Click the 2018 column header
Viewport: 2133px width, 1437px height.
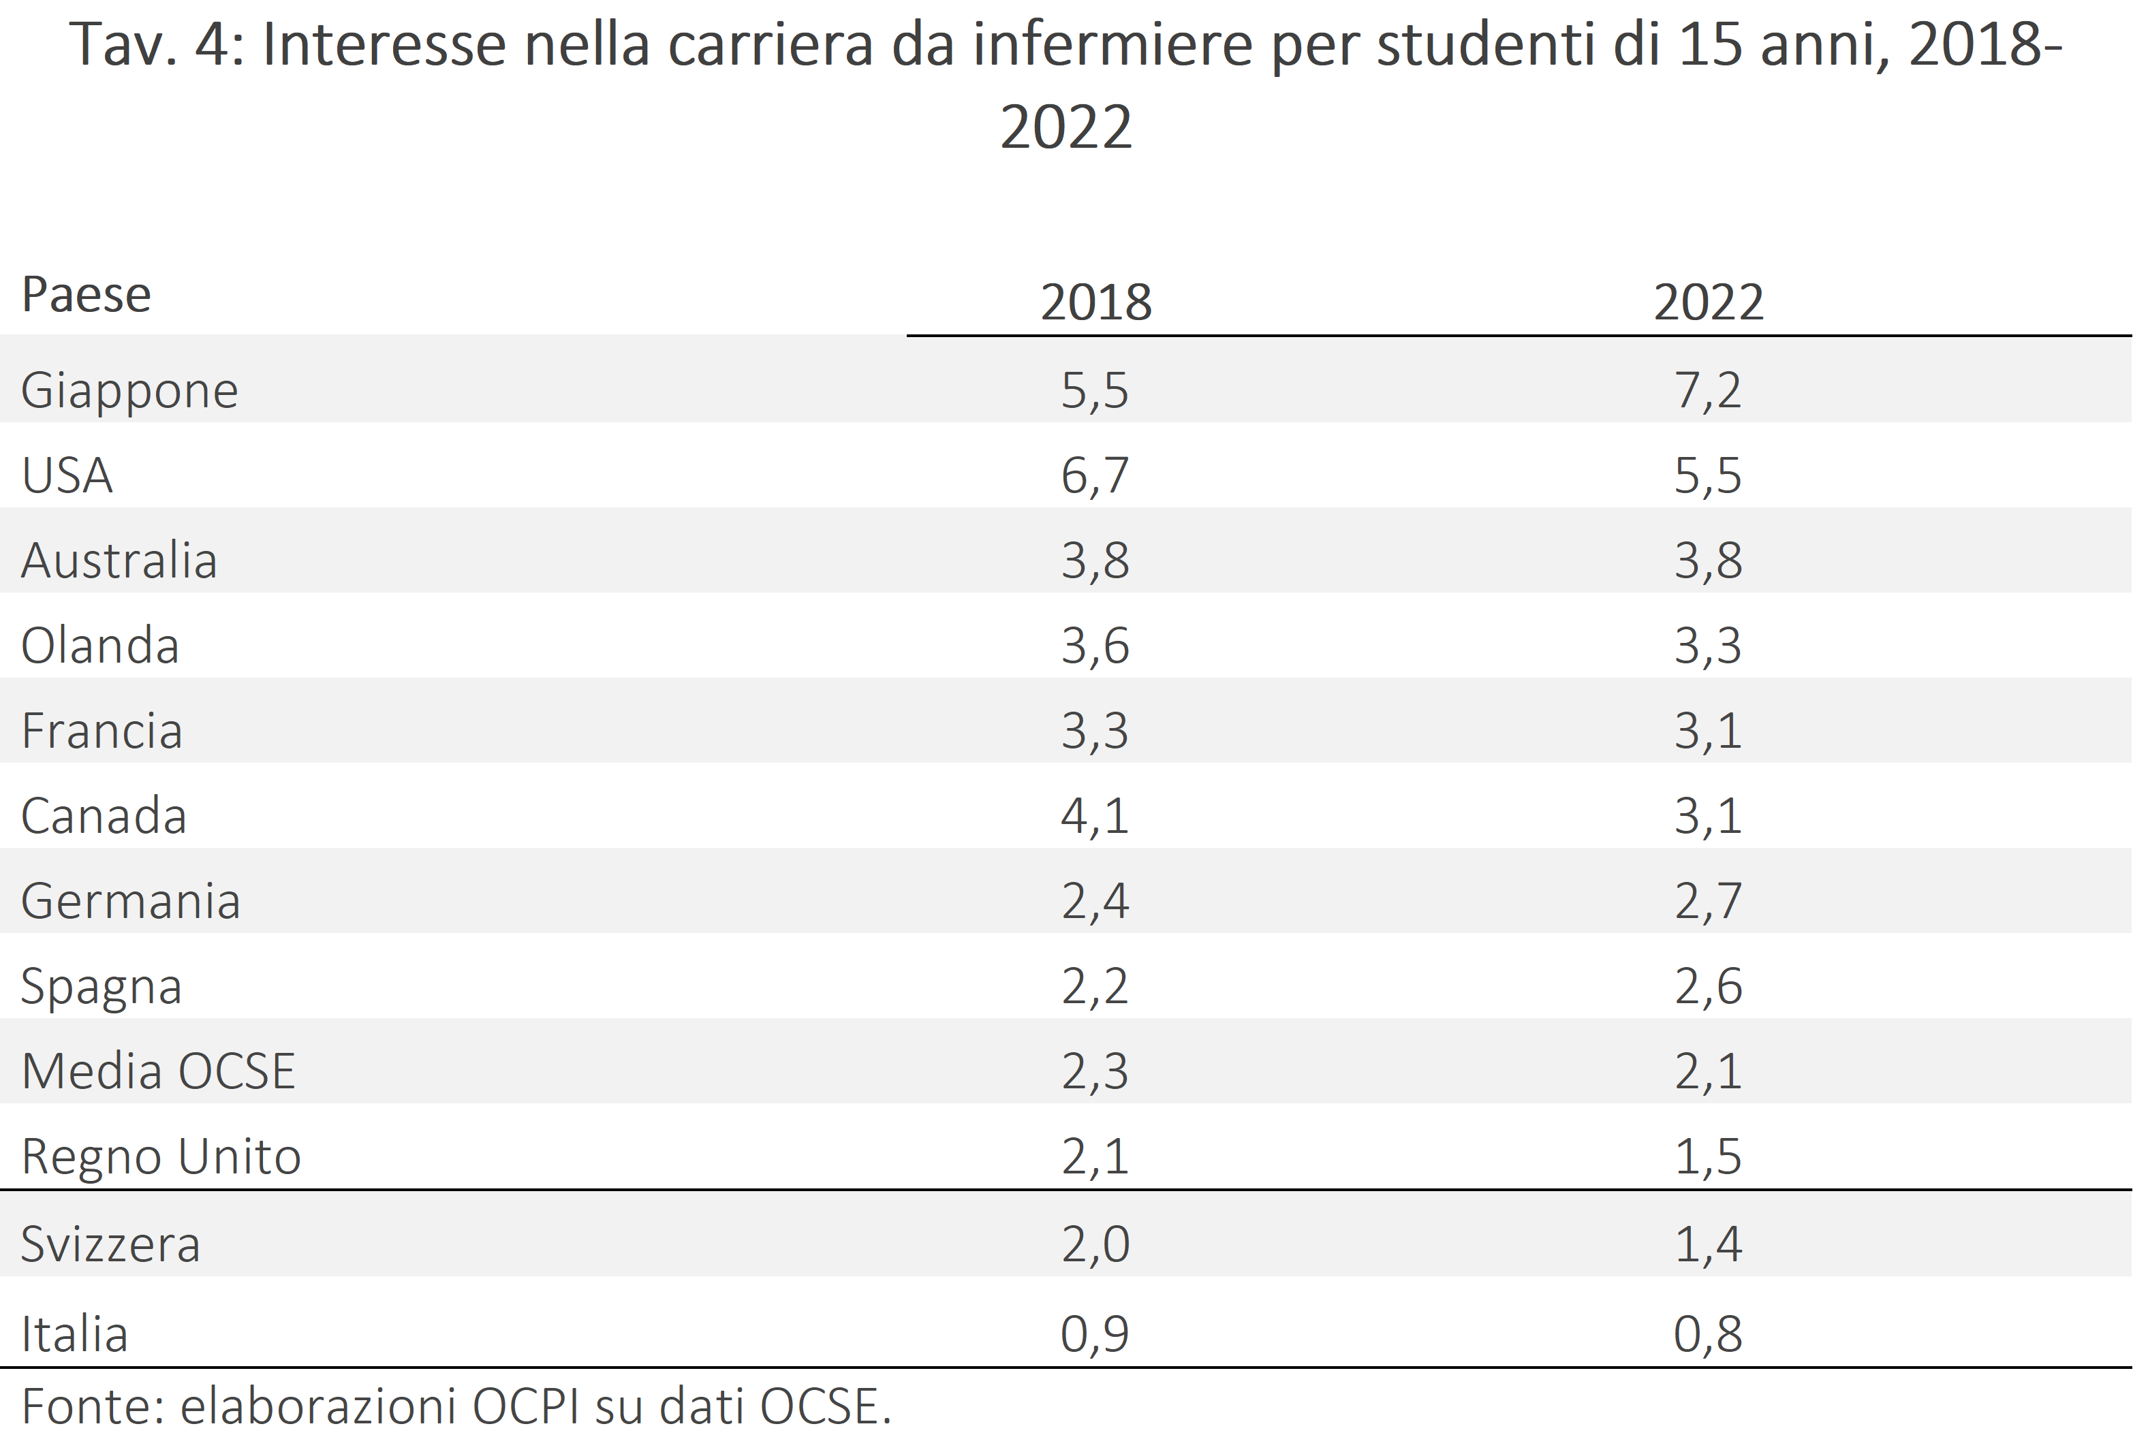[x=1095, y=302]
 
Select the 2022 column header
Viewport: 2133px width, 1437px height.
[x=1708, y=302]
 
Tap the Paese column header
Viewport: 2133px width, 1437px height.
[x=86, y=294]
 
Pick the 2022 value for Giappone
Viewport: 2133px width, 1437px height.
[x=1708, y=390]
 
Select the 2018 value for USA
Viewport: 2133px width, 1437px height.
[x=1095, y=475]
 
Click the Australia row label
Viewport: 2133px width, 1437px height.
[x=119, y=560]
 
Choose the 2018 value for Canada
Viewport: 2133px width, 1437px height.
[x=1095, y=816]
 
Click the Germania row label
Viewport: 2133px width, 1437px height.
[x=130, y=901]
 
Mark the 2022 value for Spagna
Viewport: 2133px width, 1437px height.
[x=1708, y=986]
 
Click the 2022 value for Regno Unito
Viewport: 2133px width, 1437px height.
[x=1708, y=1156]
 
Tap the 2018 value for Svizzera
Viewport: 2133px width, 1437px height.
[x=1095, y=1244]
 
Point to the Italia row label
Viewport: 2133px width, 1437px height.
[x=74, y=1334]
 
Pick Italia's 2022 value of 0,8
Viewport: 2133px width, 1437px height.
[x=1708, y=1334]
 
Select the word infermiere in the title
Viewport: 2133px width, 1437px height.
[x=1112, y=45]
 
